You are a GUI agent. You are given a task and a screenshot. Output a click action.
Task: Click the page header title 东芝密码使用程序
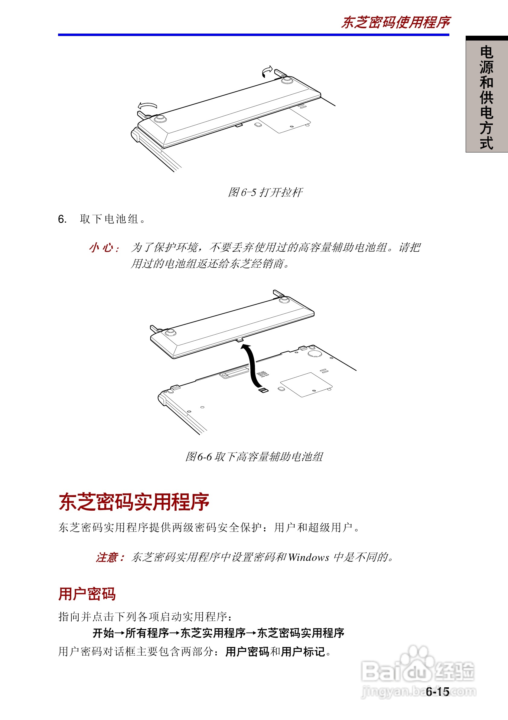(x=396, y=23)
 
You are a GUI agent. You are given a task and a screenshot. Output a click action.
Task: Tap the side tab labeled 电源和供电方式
(x=486, y=97)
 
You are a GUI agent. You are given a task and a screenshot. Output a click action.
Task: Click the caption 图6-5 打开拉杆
(x=265, y=192)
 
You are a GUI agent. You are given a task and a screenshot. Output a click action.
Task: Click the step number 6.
(x=62, y=219)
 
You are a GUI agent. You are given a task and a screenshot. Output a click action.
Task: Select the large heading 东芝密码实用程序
(x=134, y=502)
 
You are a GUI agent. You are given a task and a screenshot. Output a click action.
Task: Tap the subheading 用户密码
(x=87, y=594)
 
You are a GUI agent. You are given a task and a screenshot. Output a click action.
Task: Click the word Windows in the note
(x=309, y=557)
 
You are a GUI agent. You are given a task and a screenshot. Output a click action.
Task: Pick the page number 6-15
(x=438, y=692)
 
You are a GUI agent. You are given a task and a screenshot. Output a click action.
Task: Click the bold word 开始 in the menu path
(x=103, y=633)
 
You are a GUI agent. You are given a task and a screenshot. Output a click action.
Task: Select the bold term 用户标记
(x=303, y=652)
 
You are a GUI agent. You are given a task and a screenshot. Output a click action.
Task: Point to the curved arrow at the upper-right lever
(x=267, y=71)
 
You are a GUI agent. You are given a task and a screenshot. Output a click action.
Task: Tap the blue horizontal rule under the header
(x=253, y=35)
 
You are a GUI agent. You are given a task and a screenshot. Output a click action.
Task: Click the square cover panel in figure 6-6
(x=306, y=385)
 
